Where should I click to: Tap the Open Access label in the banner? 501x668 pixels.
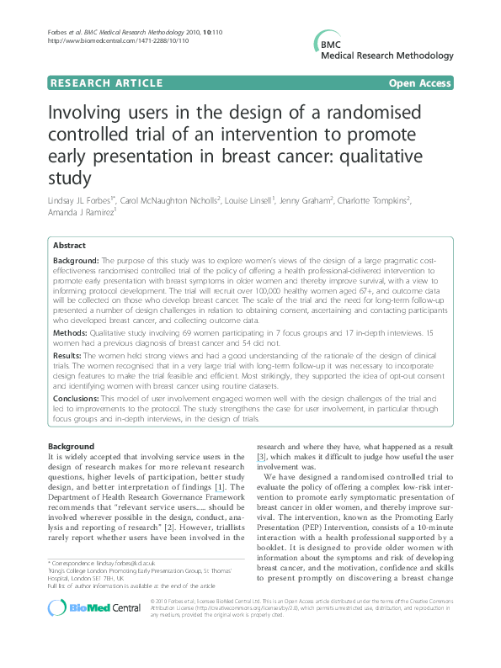[420, 83]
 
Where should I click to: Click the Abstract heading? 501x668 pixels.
[69, 245]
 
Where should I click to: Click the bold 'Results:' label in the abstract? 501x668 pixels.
[71, 358]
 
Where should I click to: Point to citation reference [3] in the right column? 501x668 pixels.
[262, 457]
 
